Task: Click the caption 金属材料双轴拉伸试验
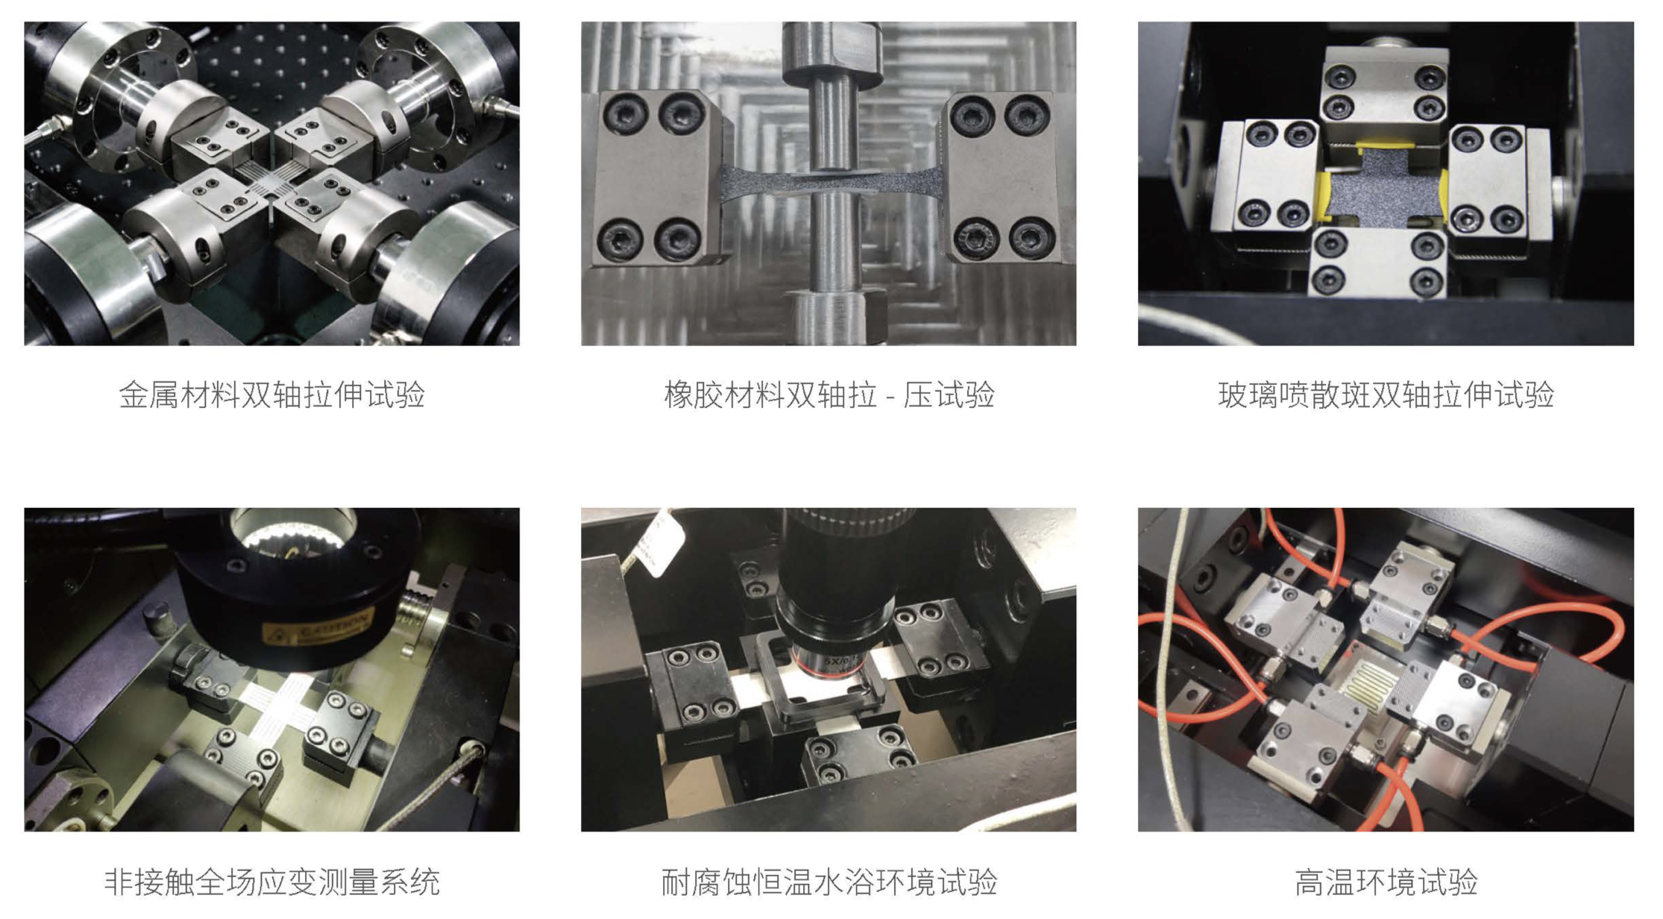[x=271, y=395]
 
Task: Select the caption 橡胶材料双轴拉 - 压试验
[x=829, y=395]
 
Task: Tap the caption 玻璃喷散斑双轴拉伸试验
[x=1386, y=395]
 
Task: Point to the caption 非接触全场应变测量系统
[x=271, y=882]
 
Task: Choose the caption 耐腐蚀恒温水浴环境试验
[x=829, y=882]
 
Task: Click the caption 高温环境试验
[x=1386, y=882]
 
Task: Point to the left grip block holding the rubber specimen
[x=655, y=178]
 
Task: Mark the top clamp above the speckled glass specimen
[x=1385, y=93]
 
